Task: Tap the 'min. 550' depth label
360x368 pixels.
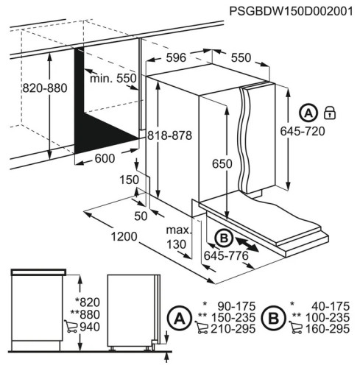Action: click(113, 79)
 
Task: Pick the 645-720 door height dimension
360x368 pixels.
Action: click(304, 131)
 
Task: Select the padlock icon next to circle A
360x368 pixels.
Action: click(330, 112)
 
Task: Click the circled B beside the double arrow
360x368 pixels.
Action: click(223, 238)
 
